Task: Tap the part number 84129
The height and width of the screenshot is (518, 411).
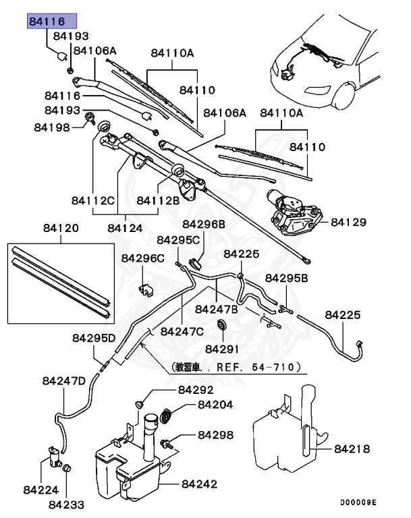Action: click(348, 221)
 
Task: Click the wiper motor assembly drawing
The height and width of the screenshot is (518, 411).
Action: click(294, 212)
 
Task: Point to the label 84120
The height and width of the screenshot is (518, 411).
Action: click(61, 228)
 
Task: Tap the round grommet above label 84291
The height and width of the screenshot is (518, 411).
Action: click(220, 327)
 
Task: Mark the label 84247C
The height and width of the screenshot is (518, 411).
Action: click(181, 331)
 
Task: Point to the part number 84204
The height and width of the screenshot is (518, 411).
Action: click(215, 405)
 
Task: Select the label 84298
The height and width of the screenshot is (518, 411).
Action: click(215, 436)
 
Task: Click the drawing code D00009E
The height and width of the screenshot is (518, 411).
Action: click(358, 502)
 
